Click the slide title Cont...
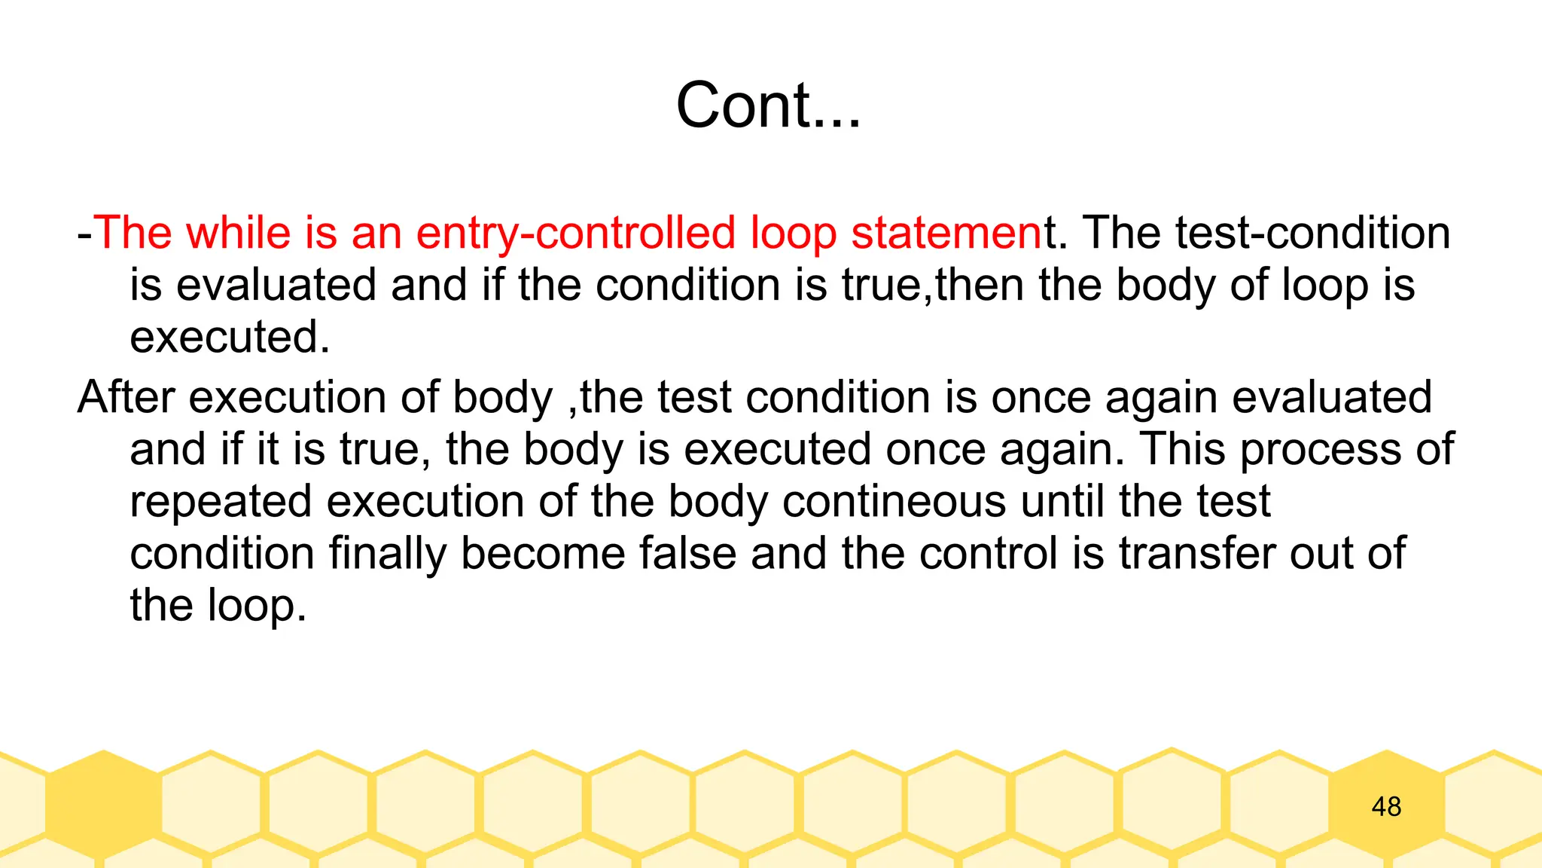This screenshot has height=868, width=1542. coord(767,105)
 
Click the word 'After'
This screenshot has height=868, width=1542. coord(126,397)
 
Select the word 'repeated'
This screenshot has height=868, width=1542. coord(221,503)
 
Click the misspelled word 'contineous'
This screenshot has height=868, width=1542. coord(894,501)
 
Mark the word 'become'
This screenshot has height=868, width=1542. coord(543,553)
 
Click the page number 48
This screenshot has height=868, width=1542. coord(1386,807)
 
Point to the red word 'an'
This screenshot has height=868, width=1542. coord(376,234)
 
